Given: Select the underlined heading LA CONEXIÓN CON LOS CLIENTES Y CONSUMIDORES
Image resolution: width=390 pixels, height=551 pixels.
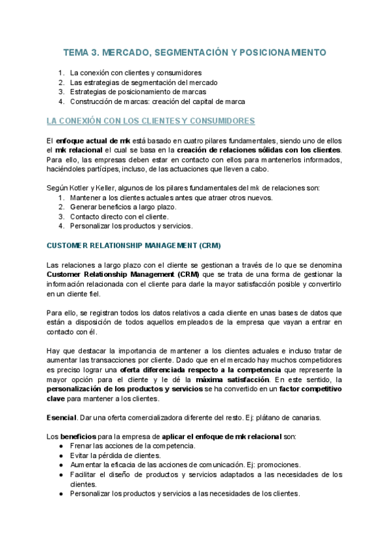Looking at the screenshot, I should tap(151, 121).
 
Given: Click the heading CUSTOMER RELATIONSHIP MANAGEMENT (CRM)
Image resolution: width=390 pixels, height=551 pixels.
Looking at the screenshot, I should tap(134, 246).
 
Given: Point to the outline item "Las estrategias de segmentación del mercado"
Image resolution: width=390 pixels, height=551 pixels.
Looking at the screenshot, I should tap(144, 83).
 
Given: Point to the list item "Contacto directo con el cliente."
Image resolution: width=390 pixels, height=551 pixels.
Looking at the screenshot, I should tap(119, 217).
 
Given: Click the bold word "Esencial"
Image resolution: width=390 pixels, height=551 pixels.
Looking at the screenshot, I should tap(61, 416).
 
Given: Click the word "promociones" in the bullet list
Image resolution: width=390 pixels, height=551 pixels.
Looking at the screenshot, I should tap(278, 465).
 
